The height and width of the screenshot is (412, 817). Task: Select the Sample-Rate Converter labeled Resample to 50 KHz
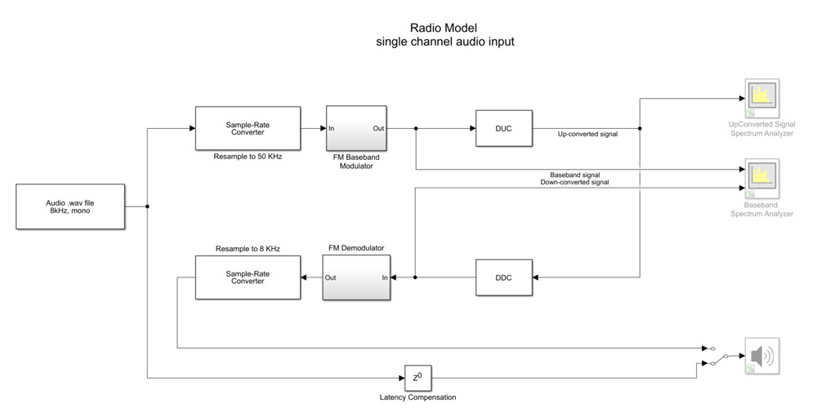[248, 128]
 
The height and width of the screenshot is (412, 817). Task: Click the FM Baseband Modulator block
[356, 128]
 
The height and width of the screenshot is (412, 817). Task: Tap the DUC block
[504, 128]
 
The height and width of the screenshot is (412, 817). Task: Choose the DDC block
[504, 277]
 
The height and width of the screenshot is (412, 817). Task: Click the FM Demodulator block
[356, 277]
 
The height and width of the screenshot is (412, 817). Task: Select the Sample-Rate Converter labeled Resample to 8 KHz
[248, 277]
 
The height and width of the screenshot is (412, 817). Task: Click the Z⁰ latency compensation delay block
[417, 378]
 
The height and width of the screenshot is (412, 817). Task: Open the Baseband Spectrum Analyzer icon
[761, 179]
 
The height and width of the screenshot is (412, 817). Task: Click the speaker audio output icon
[761, 357]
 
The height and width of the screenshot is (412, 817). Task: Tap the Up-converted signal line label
[587, 134]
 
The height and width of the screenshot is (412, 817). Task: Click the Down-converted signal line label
[574, 183]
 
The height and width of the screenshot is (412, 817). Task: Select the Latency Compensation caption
[417, 397]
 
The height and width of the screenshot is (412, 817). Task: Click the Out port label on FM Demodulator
[330, 277]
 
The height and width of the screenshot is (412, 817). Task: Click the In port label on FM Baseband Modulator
[332, 128]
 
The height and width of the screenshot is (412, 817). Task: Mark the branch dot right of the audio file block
[147, 206]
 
